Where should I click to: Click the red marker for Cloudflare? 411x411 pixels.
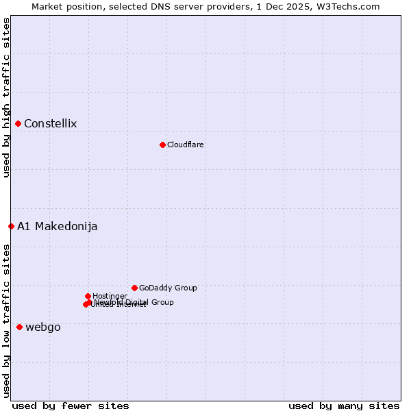[x=162, y=145]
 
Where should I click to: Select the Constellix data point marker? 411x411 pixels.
[x=18, y=123]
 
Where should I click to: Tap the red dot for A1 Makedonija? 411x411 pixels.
[x=11, y=226]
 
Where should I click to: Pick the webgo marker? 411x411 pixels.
[x=19, y=327]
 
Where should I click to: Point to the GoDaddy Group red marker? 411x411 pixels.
[x=134, y=288]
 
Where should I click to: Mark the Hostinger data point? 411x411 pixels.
[x=88, y=296]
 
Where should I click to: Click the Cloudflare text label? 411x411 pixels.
[x=185, y=145]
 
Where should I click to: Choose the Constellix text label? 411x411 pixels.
[x=50, y=124]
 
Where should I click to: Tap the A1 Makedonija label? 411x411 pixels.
[x=57, y=227]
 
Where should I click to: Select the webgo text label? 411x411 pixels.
[x=42, y=327]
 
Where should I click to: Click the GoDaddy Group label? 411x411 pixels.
[x=167, y=288]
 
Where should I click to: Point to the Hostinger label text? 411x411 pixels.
[x=110, y=296]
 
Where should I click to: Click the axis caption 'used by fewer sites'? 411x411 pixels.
[x=71, y=406]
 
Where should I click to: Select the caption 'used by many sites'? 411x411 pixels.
[x=344, y=406]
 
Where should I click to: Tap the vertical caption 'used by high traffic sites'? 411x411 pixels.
[x=7, y=97]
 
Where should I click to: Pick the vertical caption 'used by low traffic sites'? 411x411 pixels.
[x=7, y=321]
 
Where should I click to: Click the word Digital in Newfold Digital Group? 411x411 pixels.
[x=137, y=302]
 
